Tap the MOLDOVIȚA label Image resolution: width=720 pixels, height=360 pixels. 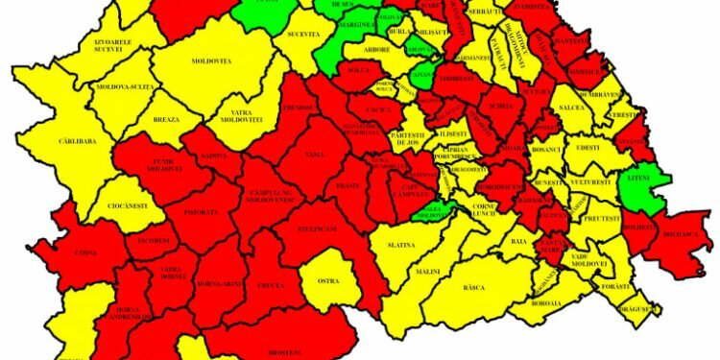click(x=212, y=61)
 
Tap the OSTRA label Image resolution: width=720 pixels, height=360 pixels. click(x=327, y=280)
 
